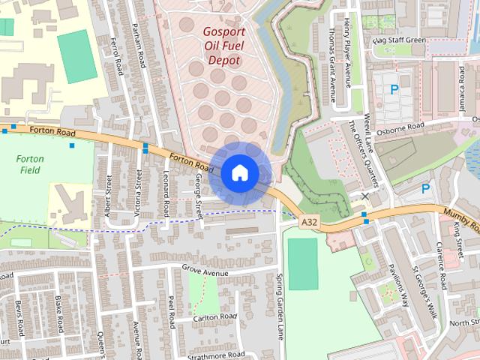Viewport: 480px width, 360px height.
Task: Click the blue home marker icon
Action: point(239,172)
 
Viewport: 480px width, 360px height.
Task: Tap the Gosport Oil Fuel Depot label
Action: point(222,46)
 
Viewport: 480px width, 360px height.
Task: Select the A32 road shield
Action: point(308,222)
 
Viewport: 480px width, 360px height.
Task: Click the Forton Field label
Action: point(31,164)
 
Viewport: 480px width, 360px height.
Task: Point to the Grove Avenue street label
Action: point(205,268)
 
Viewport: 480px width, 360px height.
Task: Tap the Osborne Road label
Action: point(400,127)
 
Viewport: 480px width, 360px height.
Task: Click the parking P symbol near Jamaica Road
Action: point(394,90)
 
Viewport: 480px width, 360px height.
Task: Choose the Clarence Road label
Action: point(442,265)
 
